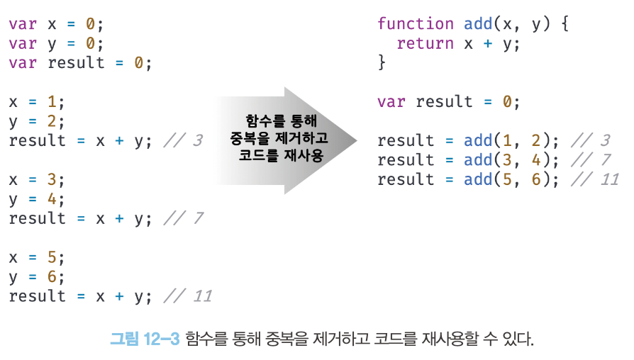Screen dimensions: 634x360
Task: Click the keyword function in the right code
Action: [x=416, y=24]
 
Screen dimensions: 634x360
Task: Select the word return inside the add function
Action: [x=426, y=44]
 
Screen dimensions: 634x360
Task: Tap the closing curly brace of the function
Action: [x=382, y=62]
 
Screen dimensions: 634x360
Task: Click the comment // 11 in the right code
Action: [x=595, y=179]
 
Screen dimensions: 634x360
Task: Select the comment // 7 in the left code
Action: [x=183, y=218]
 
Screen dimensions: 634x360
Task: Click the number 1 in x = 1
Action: [x=52, y=101]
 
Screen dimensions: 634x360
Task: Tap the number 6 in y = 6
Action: [x=52, y=277]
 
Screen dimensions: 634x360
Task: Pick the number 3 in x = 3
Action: [x=52, y=179]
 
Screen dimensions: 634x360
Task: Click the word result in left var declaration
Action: [x=76, y=62]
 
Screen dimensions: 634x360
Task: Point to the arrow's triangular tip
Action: [x=357, y=140]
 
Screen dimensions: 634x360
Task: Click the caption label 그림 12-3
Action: [x=145, y=339]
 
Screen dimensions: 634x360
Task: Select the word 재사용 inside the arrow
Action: [x=304, y=155]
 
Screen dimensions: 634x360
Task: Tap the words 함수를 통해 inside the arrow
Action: [x=282, y=120]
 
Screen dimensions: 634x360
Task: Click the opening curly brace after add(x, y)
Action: [x=565, y=24]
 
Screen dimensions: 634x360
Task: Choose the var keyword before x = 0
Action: [x=23, y=24]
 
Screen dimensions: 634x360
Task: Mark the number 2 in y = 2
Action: [x=52, y=120]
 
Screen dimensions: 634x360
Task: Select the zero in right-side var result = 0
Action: [x=507, y=101]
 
